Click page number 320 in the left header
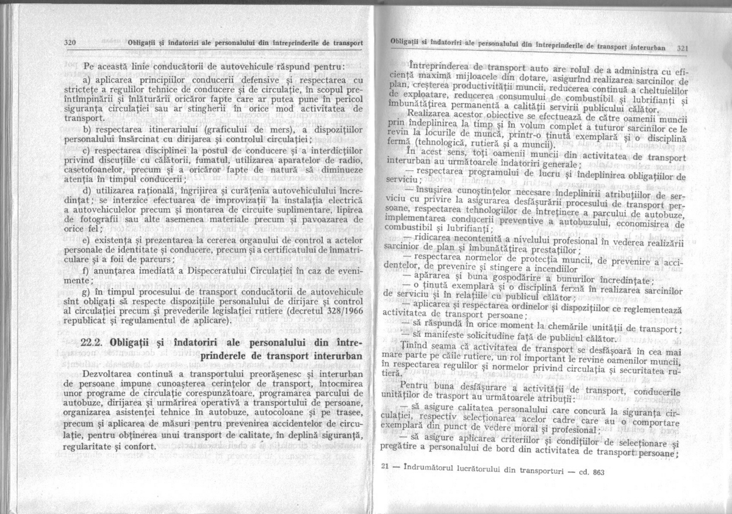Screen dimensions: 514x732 [x=69, y=43]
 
